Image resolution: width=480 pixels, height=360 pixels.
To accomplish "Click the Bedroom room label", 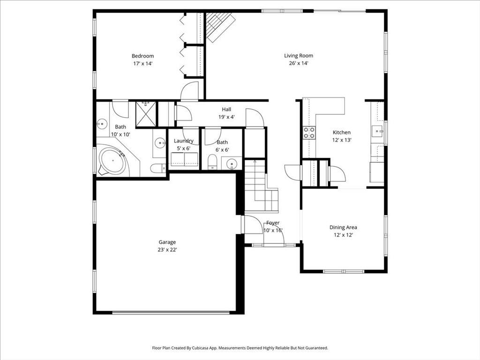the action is click(x=142, y=56).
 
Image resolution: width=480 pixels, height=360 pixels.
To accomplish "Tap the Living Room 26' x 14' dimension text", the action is click(x=299, y=63).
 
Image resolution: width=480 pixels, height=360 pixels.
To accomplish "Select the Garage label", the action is click(x=167, y=242).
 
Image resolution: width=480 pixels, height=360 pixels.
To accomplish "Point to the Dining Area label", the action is click(x=343, y=227).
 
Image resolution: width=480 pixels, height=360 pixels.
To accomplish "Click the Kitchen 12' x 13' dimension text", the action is click(x=342, y=140).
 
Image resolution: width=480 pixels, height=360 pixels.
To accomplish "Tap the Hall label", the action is click(x=226, y=109).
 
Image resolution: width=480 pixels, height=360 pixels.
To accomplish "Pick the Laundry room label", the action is click(x=184, y=141).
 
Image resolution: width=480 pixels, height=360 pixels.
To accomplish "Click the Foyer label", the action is click(x=273, y=223).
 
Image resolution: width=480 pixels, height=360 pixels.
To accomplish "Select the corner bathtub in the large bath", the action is click(x=112, y=161).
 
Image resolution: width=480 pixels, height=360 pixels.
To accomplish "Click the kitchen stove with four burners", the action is click(x=309, y=133).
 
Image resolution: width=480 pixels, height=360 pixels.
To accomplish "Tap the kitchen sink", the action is click(x=377, y=131).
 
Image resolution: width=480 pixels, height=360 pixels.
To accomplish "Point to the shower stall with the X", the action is click(x=146, y=113).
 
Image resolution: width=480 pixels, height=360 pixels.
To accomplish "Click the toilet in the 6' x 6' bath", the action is click(x=212, y=162).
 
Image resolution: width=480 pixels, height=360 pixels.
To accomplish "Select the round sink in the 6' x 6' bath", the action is click(x=232, y=164).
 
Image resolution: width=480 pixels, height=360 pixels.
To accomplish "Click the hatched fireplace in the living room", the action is click(x=220, y=27).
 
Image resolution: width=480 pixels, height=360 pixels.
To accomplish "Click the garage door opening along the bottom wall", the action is click(x=171, y=313).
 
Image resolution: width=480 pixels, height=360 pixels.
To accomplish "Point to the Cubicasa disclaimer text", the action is click(x=240, y=348).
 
